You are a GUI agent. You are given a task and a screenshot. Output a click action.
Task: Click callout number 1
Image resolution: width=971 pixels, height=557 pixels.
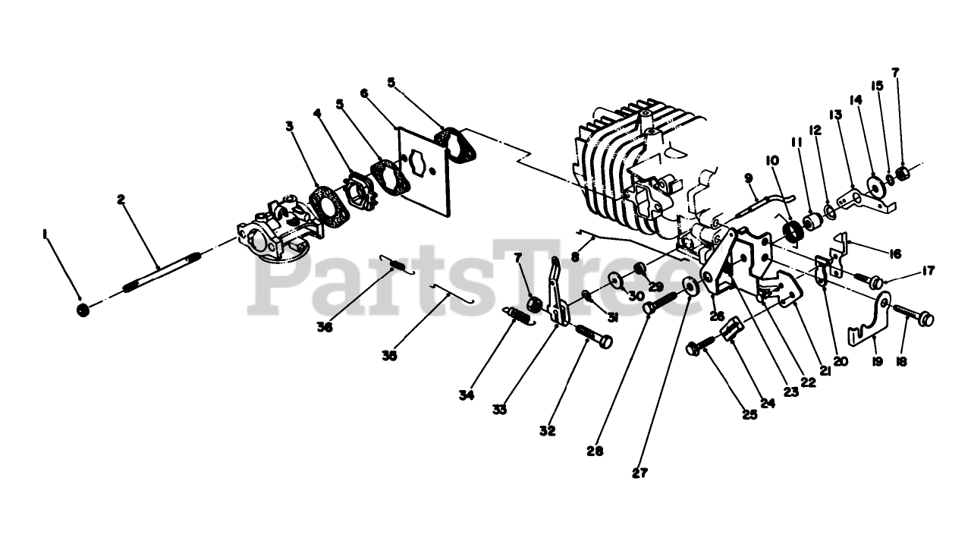point(44,234)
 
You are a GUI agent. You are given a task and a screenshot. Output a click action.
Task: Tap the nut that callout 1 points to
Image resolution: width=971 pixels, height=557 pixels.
point(83,310)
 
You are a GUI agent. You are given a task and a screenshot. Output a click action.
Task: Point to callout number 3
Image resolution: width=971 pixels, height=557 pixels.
point(290,126)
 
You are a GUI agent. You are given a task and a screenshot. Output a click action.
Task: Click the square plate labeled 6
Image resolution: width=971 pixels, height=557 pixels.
point(424,172)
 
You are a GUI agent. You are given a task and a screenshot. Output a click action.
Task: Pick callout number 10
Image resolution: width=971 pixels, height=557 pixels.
point(772,161)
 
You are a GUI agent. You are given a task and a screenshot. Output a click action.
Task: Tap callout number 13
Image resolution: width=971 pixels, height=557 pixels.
point(835,115)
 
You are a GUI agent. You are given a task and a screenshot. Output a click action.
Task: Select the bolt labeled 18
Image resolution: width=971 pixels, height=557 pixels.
point(913,316)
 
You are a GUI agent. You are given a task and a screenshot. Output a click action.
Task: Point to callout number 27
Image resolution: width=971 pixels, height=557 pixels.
point(639,474)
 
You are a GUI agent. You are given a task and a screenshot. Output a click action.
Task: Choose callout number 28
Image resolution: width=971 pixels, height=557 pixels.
point(595,452)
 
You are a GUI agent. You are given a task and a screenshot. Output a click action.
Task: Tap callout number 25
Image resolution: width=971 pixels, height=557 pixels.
point(749,415)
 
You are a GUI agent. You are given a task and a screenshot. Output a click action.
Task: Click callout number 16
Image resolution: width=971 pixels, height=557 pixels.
point(894,253)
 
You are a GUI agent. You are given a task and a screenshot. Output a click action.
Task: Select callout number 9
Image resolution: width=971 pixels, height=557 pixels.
point(749,178)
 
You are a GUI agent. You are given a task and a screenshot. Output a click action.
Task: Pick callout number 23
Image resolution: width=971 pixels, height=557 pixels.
point(790,392)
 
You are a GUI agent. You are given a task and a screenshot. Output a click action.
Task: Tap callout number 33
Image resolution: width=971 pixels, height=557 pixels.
point(499,410)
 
